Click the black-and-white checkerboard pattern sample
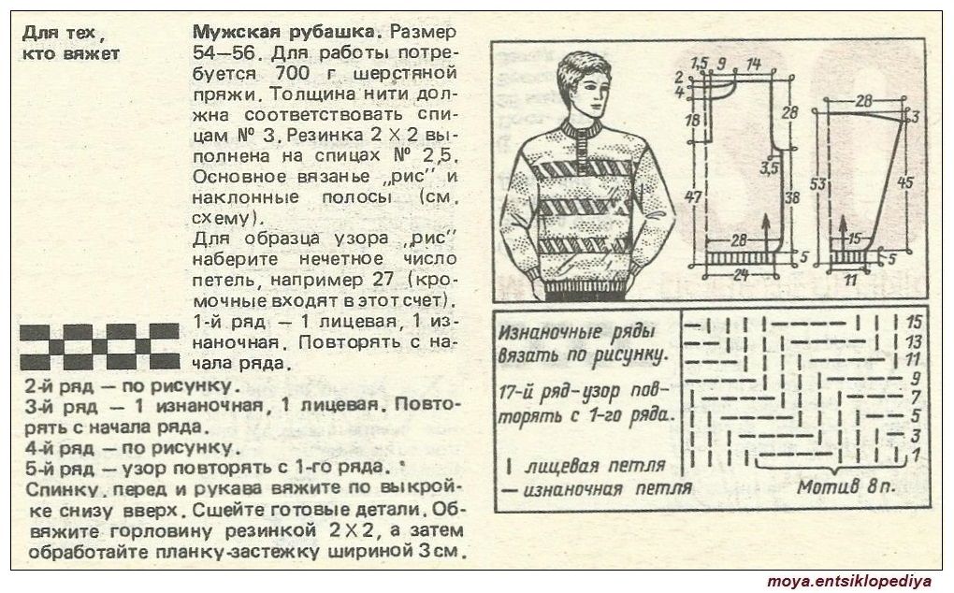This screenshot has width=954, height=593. (x=100, y=347)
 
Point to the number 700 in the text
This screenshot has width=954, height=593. (x=293, y=73)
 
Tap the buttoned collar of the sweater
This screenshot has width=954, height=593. (x=581, y=132)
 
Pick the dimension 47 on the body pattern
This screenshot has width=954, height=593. (x=693, y=197)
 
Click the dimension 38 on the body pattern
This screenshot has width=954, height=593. (x=791, y=197)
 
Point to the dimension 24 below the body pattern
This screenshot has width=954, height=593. (x=740, y=275)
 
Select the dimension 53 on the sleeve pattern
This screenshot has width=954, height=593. (x=818, y=182)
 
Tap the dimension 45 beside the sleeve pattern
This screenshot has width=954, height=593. (x=905, y=181)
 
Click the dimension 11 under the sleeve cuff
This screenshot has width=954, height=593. (x=850, y=281)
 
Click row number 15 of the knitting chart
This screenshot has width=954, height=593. (x=914, y=323)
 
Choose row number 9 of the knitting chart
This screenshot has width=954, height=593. (x=916, y=378)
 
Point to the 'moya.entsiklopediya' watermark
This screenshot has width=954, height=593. (x=849, y=582)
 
